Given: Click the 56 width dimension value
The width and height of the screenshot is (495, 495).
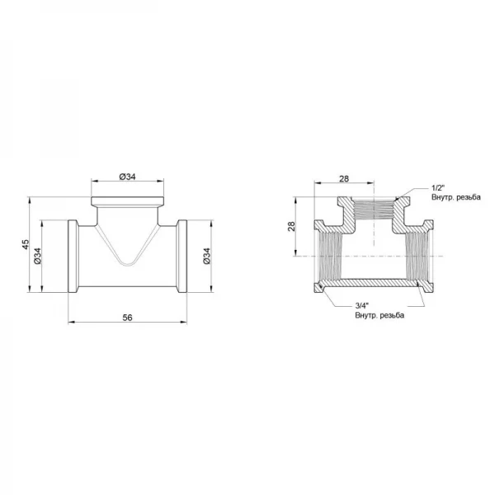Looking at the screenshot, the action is click(127, 318).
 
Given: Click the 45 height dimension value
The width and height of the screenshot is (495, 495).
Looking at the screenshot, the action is click(26, 244).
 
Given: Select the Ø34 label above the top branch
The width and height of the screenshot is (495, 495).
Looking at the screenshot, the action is click(128, 177).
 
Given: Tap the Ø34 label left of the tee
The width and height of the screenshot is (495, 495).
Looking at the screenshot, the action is click(38, 256).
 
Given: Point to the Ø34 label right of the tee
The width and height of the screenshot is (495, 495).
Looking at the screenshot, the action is click(206, 256).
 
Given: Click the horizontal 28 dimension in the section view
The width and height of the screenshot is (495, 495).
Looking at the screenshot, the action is click(344, 179).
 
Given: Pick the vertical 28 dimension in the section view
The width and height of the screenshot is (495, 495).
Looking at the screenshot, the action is click(291, 226).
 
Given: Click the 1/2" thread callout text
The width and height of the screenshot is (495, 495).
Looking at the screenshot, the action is click(438, 188).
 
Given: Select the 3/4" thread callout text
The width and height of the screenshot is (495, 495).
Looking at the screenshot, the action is click(362, 305).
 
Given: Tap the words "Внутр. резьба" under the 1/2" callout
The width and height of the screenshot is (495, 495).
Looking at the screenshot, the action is click(456, 197).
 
